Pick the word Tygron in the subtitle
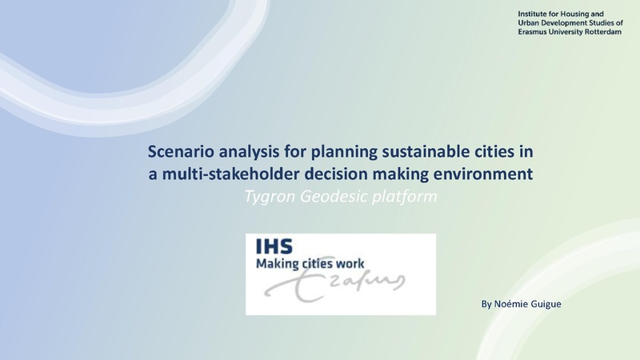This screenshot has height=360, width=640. pos(269,196)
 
